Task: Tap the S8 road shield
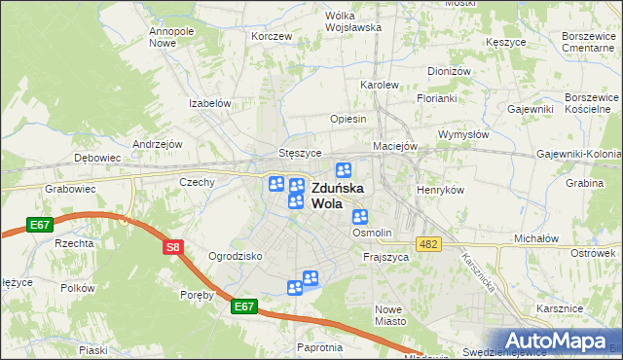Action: pyautogui.click(x=172, y=247)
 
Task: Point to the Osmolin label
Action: pyautogui.click(x=372, y=234)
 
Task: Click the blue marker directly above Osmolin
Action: pyautogui.click(x=360, y=218)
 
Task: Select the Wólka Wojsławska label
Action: pyautogui.click(x=340, y=21)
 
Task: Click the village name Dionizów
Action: pyautogui.click(x=449, y=71)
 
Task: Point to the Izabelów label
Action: pyautogui.click(x=209, y=103)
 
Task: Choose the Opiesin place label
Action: pyautogui.click(x=348, y=119)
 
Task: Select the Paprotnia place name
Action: pyautogui.click(x=320, y=347)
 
